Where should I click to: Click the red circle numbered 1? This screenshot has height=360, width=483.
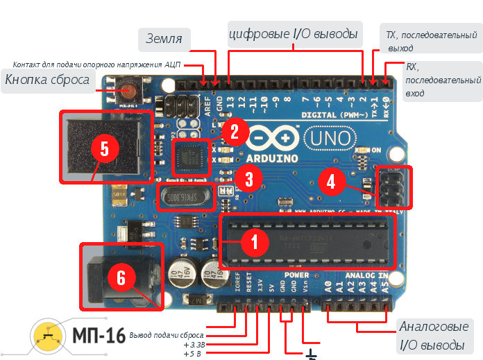point(253,243)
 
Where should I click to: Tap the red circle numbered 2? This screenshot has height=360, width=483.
point(234,130)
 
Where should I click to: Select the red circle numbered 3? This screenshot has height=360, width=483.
point(248,180)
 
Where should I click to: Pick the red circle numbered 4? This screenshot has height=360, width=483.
point(331,182)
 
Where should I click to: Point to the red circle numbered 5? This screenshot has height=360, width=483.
point(104,148)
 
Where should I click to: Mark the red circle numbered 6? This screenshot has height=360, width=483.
point(121,277)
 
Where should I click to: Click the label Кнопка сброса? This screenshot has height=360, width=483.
point(47,80)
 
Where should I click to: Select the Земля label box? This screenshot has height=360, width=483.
point(164,40)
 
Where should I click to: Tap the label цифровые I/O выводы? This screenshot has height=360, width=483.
point(293,33)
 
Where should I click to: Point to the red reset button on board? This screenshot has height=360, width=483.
point(128,90)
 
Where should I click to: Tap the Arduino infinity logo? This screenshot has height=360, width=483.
point(266,139)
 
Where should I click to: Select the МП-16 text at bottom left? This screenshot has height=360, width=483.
point(99,336)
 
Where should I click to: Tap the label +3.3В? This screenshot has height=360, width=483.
point(195,343)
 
